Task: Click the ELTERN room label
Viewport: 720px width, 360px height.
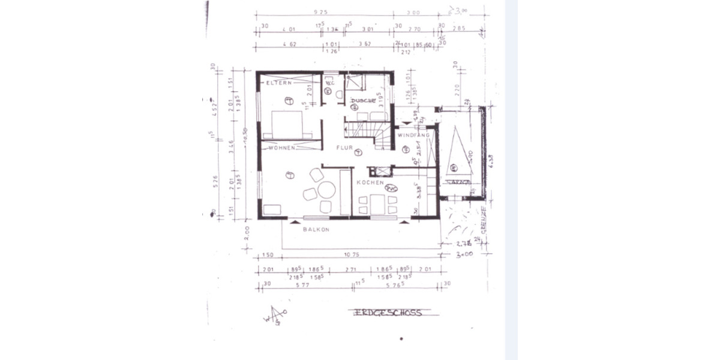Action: (280, 83)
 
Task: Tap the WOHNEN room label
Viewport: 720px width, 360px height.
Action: (282, 148)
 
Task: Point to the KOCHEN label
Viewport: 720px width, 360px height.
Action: (367, 182)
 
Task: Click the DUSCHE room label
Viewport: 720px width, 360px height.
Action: (364, 101)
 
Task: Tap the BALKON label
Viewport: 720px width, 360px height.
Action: (316, 230)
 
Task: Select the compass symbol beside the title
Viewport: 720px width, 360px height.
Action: (275, 316)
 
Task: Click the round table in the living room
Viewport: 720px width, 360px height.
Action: (326, 190)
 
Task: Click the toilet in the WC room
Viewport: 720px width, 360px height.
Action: (339, 94)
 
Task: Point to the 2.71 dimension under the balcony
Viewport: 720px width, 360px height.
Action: (352, 270)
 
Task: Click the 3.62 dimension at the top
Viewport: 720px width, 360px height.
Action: (367, 44)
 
